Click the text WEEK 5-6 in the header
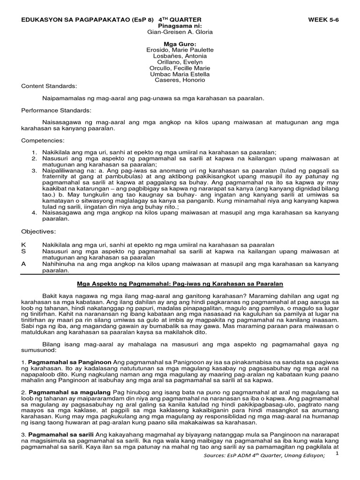323,19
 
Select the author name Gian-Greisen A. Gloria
180,32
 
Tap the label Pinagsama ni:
180,26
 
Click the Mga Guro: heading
180,44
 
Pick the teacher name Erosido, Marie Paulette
180,50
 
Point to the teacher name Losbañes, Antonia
180,56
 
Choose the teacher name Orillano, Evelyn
180,62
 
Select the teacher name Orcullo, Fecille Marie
180,68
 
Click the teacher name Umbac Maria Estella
180,74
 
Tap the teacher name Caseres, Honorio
180,80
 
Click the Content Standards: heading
49,86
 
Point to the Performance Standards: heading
56,110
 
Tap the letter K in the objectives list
23,244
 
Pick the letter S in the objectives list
23,251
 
